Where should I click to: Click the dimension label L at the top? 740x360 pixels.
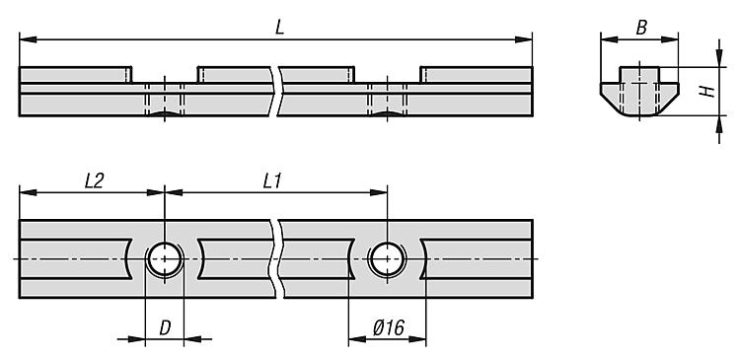(280, 28)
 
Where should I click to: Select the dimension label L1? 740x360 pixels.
(272, 181)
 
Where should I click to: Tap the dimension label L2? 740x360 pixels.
(94, 181)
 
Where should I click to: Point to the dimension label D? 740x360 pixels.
(165, 327)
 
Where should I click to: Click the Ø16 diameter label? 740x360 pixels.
(388, 327)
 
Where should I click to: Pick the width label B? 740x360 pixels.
(641, 28)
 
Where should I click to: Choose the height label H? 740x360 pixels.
(706, 92)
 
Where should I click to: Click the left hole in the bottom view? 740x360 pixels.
(164, 258)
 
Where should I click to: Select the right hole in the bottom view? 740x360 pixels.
(387, 258)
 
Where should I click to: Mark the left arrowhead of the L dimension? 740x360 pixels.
(28, 39)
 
